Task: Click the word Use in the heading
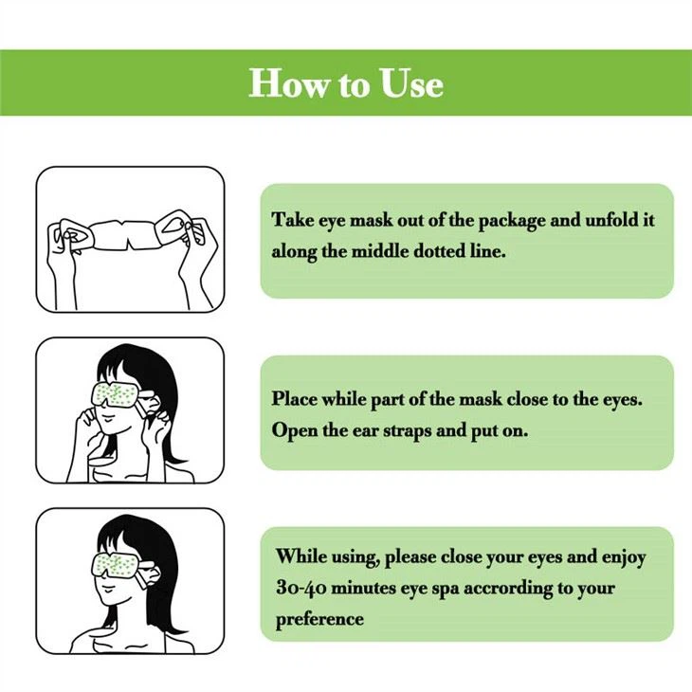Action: tap(411, 83)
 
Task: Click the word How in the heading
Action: tap(288, 83)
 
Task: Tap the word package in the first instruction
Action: tap(512, 221)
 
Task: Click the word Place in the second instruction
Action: tap(294, 398)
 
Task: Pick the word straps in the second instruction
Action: tap(407, 430)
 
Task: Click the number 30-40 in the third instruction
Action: tap(301, 589)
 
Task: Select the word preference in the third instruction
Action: tap(320, 620)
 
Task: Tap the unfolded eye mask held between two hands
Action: tap(128, 234)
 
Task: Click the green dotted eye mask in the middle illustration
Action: tap(117, 394)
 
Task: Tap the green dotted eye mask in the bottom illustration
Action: tap(117, 564)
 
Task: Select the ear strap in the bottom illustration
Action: tap(149, 574)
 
